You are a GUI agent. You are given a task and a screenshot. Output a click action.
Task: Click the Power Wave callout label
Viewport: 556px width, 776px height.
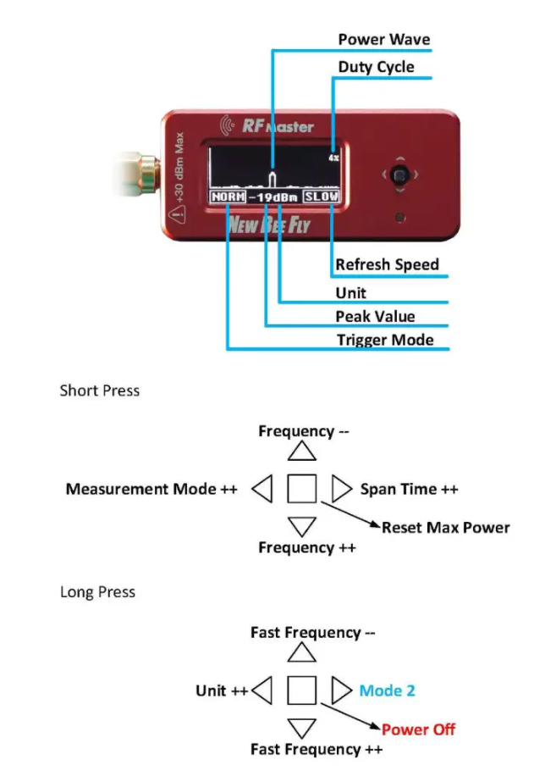[x=383, y=40]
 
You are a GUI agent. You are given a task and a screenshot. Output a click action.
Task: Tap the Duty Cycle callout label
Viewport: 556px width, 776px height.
[x=376, y=66]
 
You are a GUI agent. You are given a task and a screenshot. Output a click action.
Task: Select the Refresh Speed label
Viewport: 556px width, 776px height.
[x=387, y=264]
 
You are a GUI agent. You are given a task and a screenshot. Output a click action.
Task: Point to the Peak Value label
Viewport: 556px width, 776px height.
[x=375, y=316]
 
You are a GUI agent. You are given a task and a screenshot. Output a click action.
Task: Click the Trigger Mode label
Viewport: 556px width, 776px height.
[x=384, y=341]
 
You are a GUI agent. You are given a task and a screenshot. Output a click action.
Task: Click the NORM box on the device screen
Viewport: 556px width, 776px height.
[x=228, y=197]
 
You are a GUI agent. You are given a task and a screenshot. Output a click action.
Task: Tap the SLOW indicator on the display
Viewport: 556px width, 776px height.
[x=322, y=197]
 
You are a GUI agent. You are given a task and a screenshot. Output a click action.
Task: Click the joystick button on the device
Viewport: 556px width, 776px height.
[x=403, y=175]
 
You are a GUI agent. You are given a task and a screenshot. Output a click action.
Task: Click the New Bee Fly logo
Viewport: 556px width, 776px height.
[x=268, y=225]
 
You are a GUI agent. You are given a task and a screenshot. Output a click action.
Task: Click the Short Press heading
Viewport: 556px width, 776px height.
[x=99, y=391]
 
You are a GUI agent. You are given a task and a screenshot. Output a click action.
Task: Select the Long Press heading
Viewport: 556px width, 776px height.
[x=97, y=591]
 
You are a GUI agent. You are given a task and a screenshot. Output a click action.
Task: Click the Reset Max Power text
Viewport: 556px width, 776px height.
[x=445, y=527]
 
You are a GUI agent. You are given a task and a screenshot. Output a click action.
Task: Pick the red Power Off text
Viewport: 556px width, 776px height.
[x=418, y=729]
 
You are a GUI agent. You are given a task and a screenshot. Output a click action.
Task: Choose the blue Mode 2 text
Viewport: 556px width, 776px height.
[x=387, y=690]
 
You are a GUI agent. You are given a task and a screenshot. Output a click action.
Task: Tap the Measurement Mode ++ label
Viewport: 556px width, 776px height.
[x=151, y=489]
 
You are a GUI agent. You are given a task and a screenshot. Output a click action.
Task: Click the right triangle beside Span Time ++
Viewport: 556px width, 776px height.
[x=340, y=489]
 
